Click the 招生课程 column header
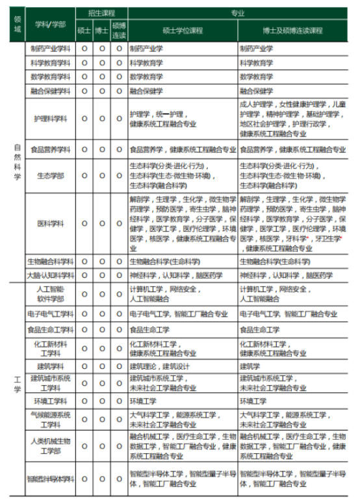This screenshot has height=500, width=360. [x=101, y=12]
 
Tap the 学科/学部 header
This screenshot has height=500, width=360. [x=50, y=25]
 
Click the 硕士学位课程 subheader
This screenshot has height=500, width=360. [x=183, y=30]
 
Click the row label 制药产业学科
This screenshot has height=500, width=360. [x=50, y=49]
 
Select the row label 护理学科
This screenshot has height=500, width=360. [x=50, y=118]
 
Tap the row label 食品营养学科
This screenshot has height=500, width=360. [x=50, y=149]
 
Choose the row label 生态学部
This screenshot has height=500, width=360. [x=50, y=175]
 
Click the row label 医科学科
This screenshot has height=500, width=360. [x=50, y=223]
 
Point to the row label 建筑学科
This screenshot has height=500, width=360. [x=50, y=366]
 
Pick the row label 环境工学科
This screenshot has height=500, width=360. [x=50, y=401]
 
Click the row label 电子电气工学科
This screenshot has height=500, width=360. [x=50, y=314]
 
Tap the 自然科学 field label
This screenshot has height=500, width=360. [x=18, y=162]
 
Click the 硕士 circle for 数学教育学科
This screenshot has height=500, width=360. [x=84, y=77]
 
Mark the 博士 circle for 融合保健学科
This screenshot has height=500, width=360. [x=101, y=91]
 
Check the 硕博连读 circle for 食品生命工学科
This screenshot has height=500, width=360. [x=119, y=330]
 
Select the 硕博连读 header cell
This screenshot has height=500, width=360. [x=119, y=30]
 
